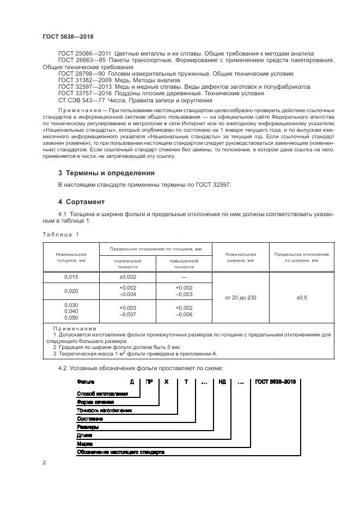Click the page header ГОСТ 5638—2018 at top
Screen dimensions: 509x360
coord(68,36)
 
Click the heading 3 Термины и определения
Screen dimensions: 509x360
coord(106,173)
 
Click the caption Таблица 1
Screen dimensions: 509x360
coord(60,234)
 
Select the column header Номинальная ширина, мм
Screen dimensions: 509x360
coord(240,257)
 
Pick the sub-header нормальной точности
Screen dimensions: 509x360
coord(127,264)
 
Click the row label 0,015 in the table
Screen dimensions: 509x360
coord(71,277)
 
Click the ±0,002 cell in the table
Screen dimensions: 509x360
coord(127,277)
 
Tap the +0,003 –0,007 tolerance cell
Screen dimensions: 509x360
coord(127,310)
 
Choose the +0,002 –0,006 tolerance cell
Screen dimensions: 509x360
coord(184,310)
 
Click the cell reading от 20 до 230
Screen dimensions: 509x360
coord(240,297)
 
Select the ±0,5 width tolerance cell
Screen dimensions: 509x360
coord(301,297)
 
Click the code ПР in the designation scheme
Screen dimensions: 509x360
coord(149,382)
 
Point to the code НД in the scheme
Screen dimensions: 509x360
coord(223,382)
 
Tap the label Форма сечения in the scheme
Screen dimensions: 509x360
coord(96,402)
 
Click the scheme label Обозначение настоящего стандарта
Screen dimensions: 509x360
coord(120,452)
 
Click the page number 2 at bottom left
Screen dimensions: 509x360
coord(44,463)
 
